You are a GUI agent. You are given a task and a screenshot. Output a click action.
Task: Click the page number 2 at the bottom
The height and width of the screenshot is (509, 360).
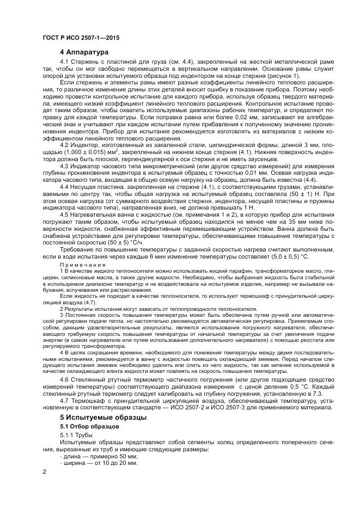coord(44,470)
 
